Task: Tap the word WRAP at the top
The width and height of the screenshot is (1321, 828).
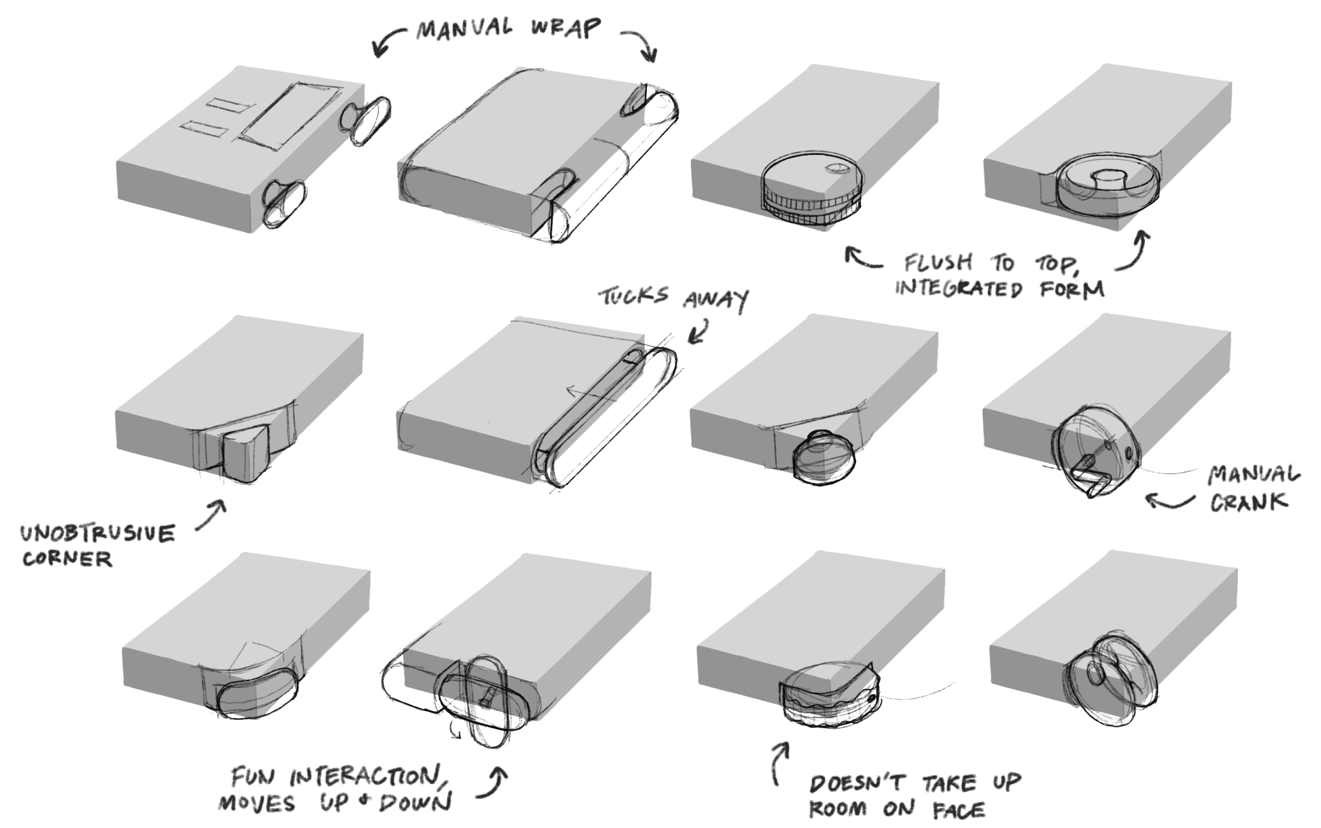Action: coord(567,28)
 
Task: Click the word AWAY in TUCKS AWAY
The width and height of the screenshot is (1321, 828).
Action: coord(716,300)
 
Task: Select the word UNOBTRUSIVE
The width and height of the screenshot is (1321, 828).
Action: coord(97,534)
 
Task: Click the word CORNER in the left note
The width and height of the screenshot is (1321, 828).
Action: coord(67,558)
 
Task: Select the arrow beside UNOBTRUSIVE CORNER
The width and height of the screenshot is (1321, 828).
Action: coord(210,515)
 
